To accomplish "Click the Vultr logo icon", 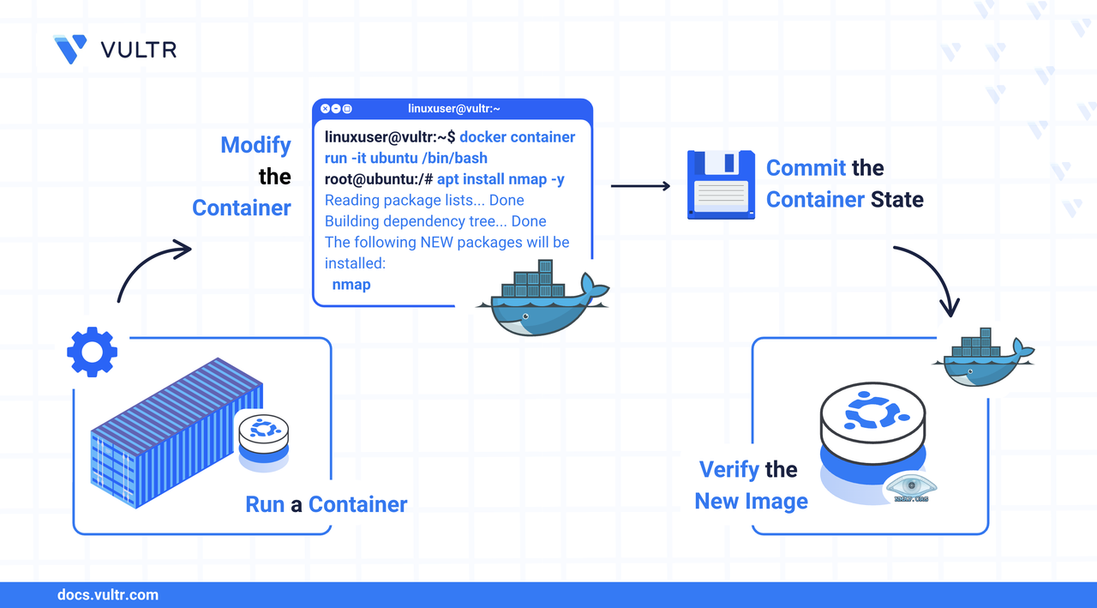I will pyautogui.click(x=69, y=49).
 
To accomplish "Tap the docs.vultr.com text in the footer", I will pyautogui.click(x=107, y=594).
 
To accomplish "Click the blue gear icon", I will pyautogui.click(x=92, y=352).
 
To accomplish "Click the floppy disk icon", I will pyautogui.click(x=721, y=184).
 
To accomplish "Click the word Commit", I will pyautogui.click(x=806, y=168).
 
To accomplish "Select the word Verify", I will pyautogui.click(x=729, y=470).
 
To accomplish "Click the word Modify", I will pyautogui.click(x=255, y=145).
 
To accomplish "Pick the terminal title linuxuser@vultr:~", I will pyautogui.click(x=454, y=109).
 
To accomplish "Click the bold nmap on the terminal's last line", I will pyautogui.click(x=351, y=285).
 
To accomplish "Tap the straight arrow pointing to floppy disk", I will pyautogui.click(x=640, y=185).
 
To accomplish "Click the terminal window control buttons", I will pyautogui.click(x=336, y=109).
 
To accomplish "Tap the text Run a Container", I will pyautogui.click(x=326, y=504).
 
